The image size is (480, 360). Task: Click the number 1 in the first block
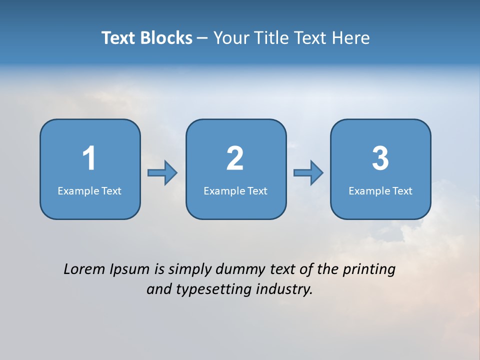click(x=89, y=158)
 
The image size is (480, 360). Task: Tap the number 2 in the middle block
click(x=235, y=158)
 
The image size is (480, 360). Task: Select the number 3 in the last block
click(x=380, y=158)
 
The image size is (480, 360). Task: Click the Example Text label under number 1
click(x=89, y=191)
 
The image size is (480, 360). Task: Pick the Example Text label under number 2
click(x=235, y=191)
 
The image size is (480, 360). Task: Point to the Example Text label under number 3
click(x=380, y=191)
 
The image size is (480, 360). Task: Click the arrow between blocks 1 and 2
click(x=162, y=173)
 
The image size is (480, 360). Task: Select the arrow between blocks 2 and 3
click(x=308, y=173)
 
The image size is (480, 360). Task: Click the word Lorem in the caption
click(x=84, y=269)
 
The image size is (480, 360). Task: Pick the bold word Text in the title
click(x=118, y=38)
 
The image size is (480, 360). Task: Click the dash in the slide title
click(x=203, y=38)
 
